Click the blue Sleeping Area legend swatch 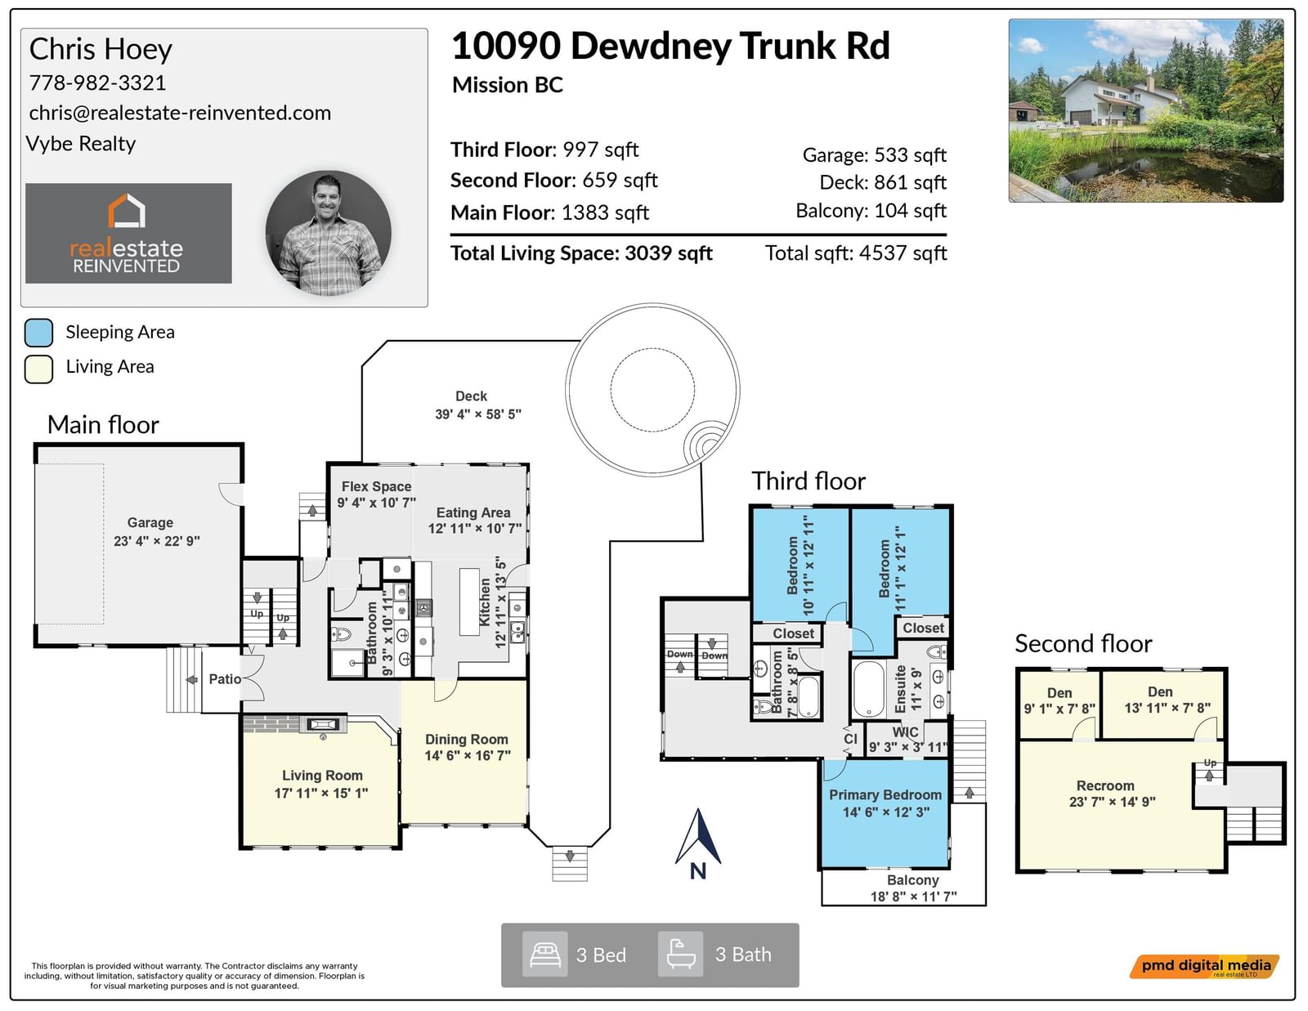[38, 333]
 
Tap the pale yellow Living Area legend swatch [38, 369]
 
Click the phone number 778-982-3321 [97, 83]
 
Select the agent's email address [180, 113]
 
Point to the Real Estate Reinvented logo [128, 233]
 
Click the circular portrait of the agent [328, 233]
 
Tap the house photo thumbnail [1145, 110]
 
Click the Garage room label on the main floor [150, 522]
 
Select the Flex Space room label [376, 486]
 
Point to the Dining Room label [467, 739]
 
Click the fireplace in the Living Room [323, 724]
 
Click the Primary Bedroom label [885, 795]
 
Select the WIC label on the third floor [905, 731]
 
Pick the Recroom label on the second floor [1105, 785]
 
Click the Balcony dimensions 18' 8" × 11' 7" [913, 897]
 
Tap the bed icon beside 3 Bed [544, 954]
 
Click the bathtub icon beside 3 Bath [680, 954]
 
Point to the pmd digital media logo [1204, 966]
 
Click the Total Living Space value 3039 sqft [668, 253]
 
